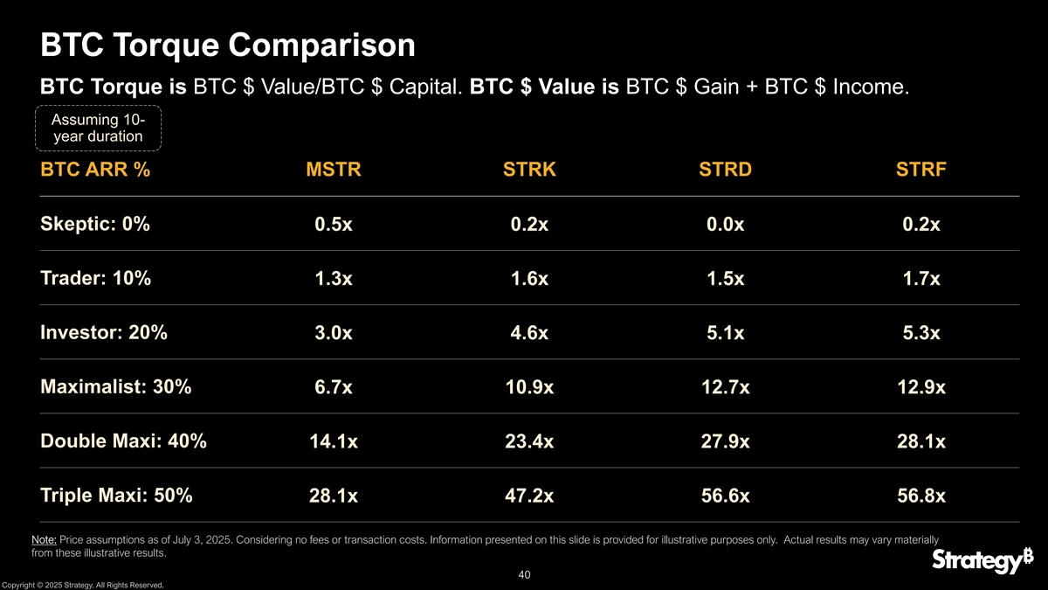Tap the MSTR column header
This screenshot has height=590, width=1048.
pyautogui.click(x=333, y=170)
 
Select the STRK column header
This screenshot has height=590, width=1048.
pyautogui.click(x=529, y=170)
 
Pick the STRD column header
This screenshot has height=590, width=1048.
pyautogui.click(x=725, y=170)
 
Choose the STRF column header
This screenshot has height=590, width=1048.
pyautogui.click(x=921, y=170)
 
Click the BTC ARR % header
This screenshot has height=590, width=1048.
pyautogui.click(x=95, y=170)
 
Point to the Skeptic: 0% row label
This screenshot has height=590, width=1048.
pyautogui.click(x=95, y=224)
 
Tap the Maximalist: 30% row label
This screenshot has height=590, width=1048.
pyautogui.click(x=116, y=386)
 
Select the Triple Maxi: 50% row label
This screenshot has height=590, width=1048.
pyautogui.click(x=116, y=495)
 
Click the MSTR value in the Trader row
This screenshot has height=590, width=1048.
pyautogui.click(x=333, y=280)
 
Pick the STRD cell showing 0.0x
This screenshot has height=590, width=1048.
pyautogui.click(x=725, y=226)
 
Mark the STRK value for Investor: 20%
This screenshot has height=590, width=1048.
pyautogui.click(x=529, y=334)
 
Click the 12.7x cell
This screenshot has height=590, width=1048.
pyautogui.click(x=725, y=388)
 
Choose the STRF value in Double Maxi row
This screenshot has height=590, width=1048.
pyautogui.click(x=921, y=442)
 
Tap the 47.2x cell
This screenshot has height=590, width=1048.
pyautogui.click(x=529, y=496)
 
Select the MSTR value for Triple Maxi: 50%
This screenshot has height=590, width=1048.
pyautogui.click(x=333, y=496)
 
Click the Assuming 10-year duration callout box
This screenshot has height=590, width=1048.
pyautogui.click(x=98, y=128)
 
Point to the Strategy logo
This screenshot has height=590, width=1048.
pyautogui.click(x=976, y=560)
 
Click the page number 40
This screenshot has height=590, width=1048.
pyautogui.click(x=524, y=575)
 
